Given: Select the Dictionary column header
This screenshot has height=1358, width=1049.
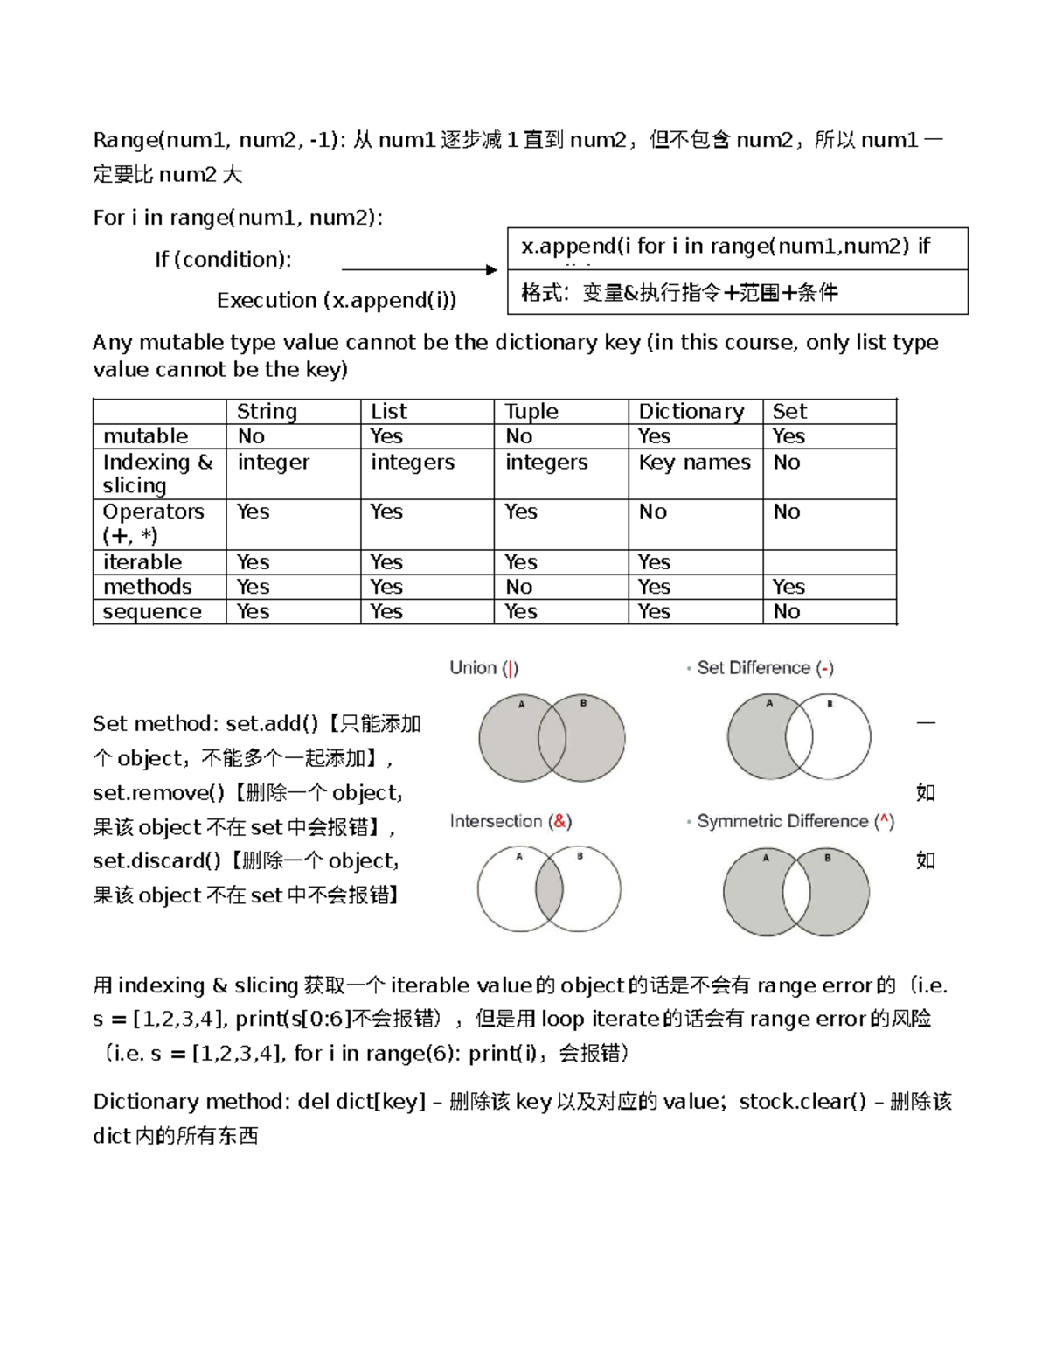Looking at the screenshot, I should (691, 411).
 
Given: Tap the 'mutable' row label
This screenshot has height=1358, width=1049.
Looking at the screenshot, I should (145, 435).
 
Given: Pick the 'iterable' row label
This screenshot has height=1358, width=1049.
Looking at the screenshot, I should (142, 561).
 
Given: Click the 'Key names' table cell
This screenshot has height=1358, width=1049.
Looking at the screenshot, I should (694, 462).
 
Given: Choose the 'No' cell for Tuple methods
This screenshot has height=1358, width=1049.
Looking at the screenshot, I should (518, 587).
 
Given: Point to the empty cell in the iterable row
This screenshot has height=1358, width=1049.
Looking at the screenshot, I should (829, 561).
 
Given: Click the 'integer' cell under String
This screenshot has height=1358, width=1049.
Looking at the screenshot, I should (273, 462).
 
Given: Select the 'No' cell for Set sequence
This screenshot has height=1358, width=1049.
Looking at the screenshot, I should (787, 611).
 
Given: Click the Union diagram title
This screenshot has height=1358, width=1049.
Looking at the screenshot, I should (483, 668).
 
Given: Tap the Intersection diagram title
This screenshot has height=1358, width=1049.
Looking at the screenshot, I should (511, 821).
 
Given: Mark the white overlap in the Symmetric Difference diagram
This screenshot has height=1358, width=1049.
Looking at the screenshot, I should (796, 892).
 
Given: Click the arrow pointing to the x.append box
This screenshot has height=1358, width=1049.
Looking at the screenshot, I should (420, 269).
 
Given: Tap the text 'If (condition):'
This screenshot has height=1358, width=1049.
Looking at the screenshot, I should (223, 259).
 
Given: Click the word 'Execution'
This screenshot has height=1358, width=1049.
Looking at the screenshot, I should (267, 300).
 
